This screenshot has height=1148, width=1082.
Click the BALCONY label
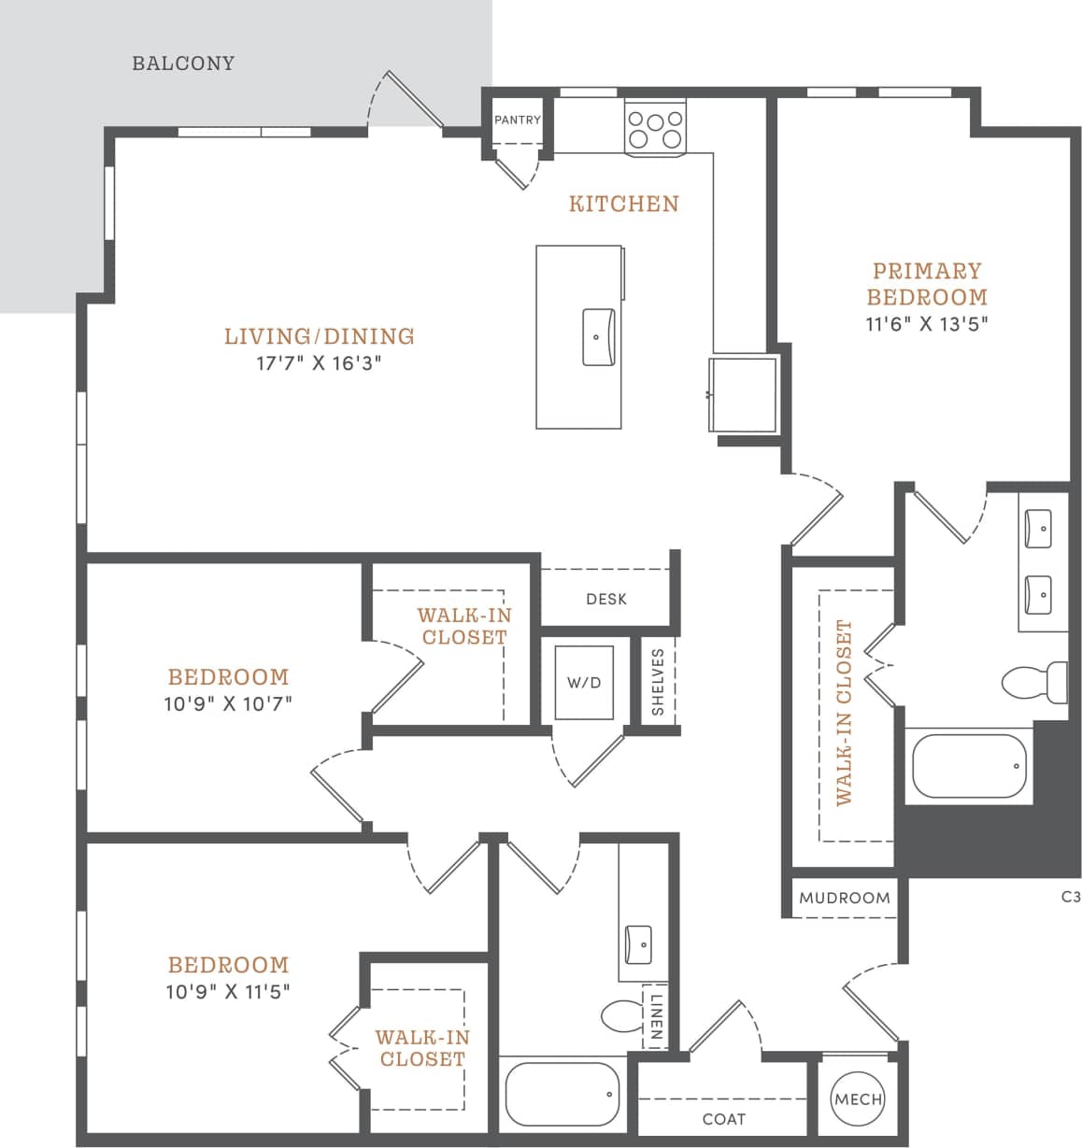point(183,64)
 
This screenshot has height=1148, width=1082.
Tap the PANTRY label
point(517,120)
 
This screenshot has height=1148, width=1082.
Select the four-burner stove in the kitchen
point(655,130)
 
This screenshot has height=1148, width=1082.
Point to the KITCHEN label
point(623,204)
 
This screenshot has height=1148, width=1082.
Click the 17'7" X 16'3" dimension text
point(320,363)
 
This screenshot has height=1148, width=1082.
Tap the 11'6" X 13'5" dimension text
point(926,324)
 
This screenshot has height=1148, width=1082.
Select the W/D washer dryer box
point(584,683)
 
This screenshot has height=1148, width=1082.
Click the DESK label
point(606,599)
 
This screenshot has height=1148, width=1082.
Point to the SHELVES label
point(658,682)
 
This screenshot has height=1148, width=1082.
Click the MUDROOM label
point(844,898)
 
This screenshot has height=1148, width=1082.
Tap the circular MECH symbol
point(858,1099)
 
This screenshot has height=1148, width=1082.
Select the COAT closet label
point(723,1119)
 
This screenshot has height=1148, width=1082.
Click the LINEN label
point(656,1016)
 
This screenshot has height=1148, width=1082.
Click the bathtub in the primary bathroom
point(969,766)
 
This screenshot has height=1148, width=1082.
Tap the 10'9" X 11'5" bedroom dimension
point(228,992)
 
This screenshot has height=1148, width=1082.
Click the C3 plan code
point(1071,897)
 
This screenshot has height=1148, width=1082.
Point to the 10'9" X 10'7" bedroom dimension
point(228,704)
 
